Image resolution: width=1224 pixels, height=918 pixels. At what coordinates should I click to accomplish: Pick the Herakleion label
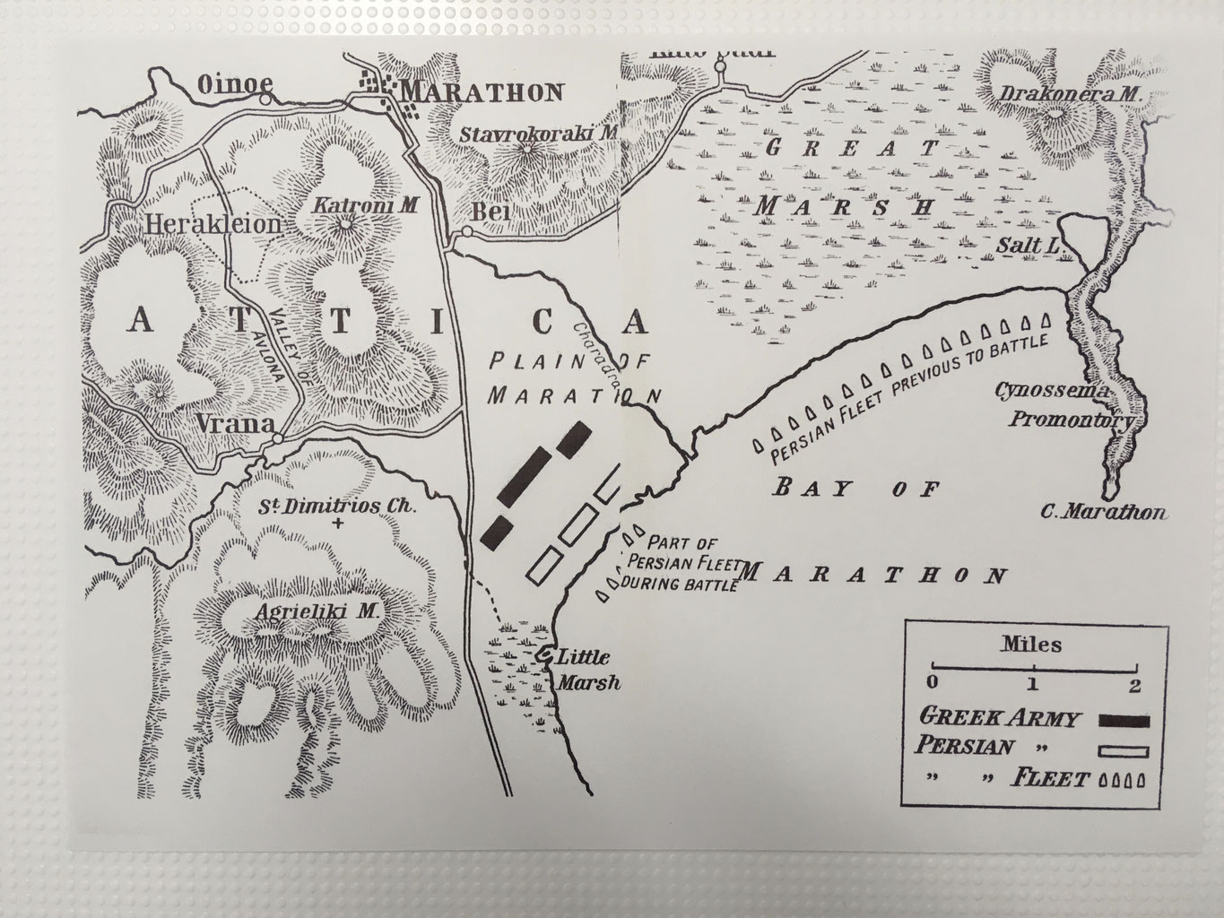(212, 224)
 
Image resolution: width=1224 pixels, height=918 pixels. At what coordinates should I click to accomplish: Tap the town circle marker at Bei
(466, 231)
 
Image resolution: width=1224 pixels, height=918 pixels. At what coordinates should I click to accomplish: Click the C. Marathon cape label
(1104, 513)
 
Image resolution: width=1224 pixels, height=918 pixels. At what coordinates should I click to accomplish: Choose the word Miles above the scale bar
(1031, 644)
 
